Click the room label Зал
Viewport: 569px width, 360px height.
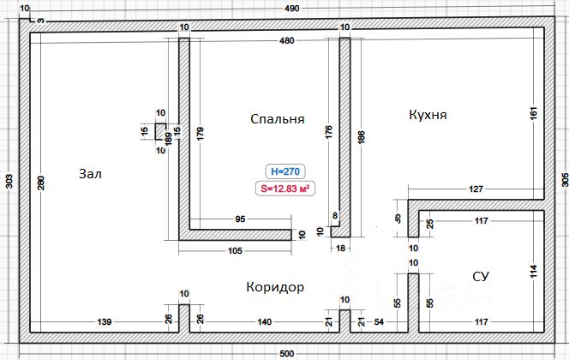90,174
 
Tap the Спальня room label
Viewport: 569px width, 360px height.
278,118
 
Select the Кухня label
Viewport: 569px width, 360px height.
428,114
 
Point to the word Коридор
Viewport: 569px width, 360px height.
275,286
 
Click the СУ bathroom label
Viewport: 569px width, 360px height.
481,275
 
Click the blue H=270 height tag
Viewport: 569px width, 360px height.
284,170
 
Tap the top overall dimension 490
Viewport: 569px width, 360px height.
291,9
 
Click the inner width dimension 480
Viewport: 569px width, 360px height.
286,41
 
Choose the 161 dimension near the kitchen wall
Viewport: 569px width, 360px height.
532,113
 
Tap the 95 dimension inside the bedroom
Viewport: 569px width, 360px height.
240,219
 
